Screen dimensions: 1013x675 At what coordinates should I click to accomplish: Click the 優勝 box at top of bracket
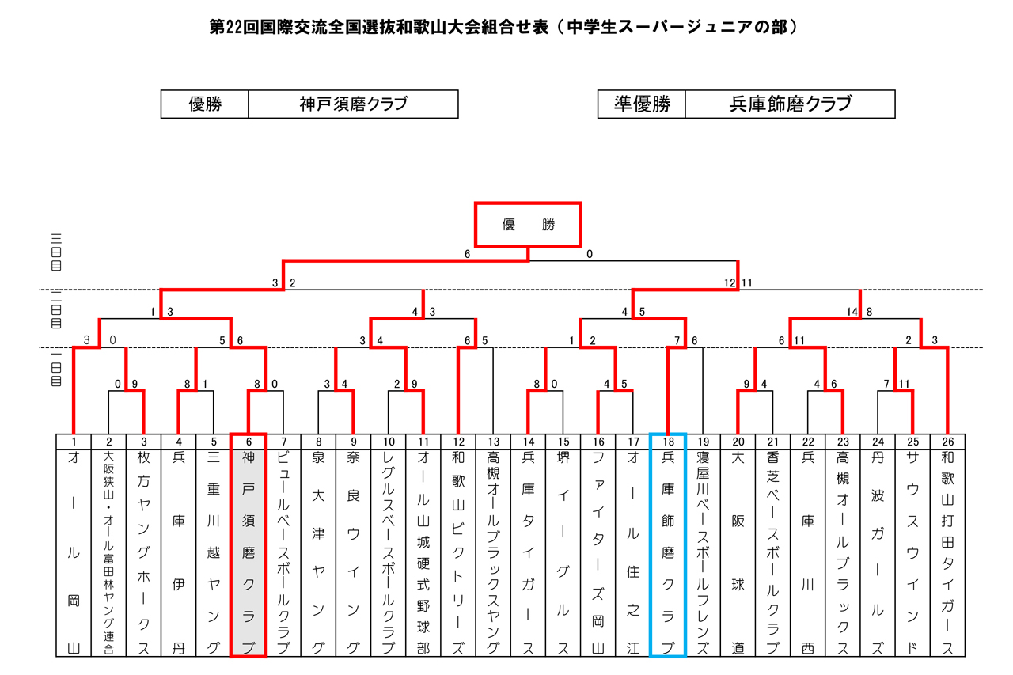tap(528, 225)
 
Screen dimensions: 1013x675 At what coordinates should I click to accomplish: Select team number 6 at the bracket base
tap(249, 442)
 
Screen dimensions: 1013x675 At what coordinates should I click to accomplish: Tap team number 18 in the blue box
tap(668, 442)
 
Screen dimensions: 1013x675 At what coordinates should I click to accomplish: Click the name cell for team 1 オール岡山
tap(74, 552)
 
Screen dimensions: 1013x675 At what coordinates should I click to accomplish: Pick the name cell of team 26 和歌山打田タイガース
tap(947, 552)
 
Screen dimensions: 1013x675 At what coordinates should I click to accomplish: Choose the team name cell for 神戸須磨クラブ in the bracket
tap(249, 552)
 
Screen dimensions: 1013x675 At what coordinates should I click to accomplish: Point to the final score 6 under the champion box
tap(467, 254)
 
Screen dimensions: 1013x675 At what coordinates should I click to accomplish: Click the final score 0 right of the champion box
tap(590, 254)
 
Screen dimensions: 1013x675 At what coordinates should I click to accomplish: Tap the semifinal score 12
tap(730, 283)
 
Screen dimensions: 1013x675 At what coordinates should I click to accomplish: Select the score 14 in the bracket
tap(852, 312)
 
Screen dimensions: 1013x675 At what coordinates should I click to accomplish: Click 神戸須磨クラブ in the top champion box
tap(354, 104)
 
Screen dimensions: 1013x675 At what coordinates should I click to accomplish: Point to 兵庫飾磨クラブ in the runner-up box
tap(791, 104)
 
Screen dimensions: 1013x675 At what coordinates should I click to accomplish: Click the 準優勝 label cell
tap(642, 104)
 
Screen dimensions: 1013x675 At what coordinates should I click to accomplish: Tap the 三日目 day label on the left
tap(56, 252)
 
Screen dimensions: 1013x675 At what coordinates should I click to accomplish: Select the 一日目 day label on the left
tap(56, 368)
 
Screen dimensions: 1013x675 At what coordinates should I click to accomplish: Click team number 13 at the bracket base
tap(493, 442)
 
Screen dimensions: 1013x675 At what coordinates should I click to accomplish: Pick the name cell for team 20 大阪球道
tap(738, 552)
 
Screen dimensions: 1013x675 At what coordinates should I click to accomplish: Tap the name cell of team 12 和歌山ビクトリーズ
tap(458, 552)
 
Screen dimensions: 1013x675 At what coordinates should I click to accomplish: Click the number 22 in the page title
tap(233, 27)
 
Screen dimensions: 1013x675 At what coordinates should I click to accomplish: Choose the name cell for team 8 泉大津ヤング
tap(318, 552)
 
